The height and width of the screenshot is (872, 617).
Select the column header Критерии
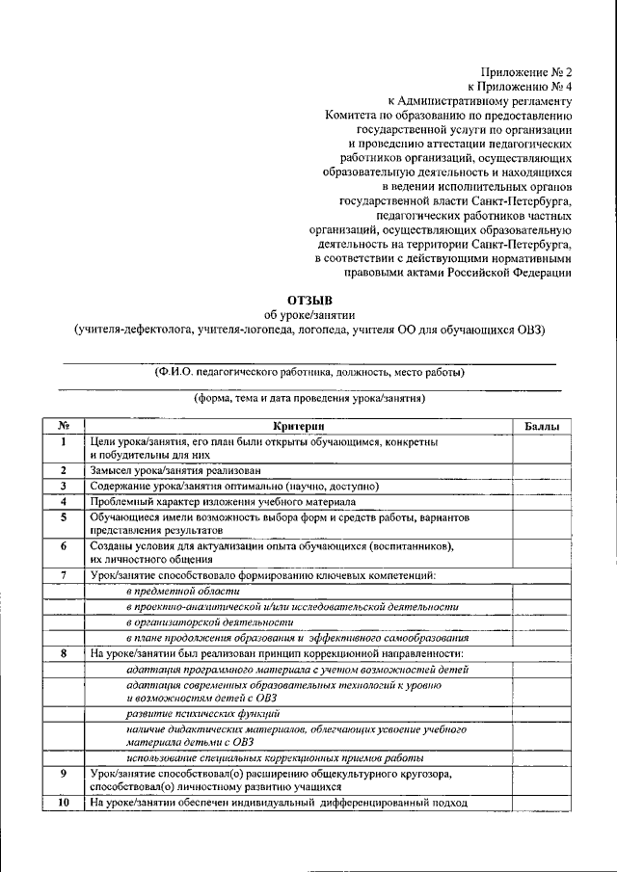(x=299, y=426)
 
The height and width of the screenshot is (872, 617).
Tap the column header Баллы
(x=542, y=426)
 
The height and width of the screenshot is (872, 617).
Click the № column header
(x=62, y=426)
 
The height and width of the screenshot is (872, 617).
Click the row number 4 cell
(x=62, y=502)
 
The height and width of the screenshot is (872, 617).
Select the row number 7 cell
(x=62, y=575)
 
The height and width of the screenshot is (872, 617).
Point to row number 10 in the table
(x=62, y=803)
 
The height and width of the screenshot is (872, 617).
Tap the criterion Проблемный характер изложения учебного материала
(x=223, y=502)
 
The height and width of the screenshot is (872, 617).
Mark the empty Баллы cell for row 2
(x=542, y=470)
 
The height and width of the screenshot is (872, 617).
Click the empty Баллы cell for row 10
(x=542, y=803)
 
